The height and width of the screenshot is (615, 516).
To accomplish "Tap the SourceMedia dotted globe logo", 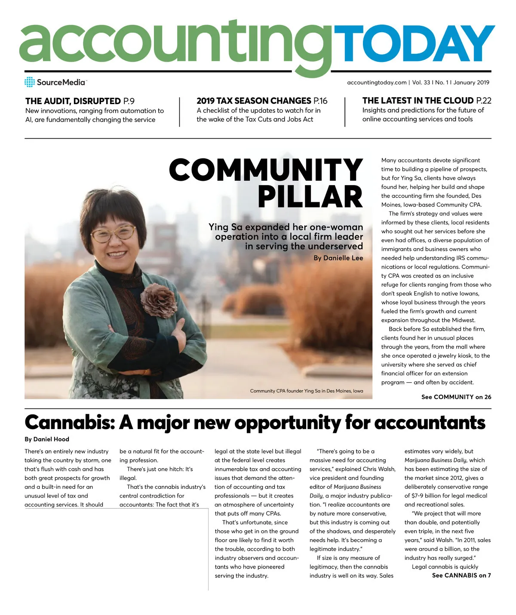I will [30, 82].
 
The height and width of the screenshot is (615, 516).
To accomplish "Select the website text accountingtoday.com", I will [377, 83].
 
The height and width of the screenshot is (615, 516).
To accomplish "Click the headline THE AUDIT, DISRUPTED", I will [73, 101].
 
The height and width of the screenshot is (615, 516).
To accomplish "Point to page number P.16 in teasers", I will [320, 101].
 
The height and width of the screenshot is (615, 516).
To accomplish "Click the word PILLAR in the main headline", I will [310, 197].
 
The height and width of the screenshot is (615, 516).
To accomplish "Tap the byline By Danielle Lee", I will [338, 258].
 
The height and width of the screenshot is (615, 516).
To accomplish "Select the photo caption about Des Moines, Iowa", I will [306, 391].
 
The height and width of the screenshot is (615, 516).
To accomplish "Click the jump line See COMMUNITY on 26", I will [456, 397].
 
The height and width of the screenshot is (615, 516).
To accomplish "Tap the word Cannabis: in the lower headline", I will [70, 423].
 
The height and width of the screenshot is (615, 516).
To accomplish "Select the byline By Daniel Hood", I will [47, 439].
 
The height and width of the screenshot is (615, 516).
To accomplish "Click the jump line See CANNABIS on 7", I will [461, 575].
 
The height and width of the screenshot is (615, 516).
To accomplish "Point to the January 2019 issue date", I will [471, 83].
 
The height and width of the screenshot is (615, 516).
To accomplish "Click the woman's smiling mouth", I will [117, 254].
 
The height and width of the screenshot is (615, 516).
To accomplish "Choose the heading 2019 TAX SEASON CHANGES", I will [254, 101].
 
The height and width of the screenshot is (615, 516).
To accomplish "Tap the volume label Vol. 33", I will [421, 83].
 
